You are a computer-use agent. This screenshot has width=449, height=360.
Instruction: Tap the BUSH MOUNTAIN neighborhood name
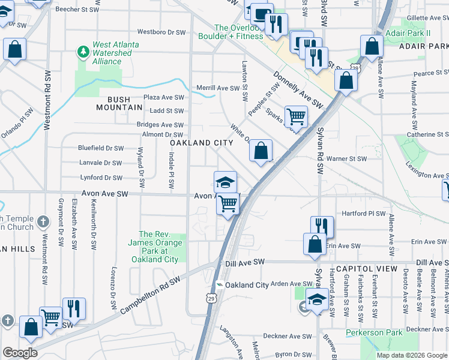[x=120, y=107]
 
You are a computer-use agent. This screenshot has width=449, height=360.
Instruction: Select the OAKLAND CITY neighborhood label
[x=201, y=143]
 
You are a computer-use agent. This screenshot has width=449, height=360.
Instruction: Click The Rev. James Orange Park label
[x=158, y=247]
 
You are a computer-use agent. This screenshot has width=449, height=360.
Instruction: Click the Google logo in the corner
[x=20, y=353]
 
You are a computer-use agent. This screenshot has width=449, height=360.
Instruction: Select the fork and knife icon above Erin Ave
[x=322, y=226]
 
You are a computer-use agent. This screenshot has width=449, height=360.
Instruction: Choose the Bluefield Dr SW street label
[x=101, y=148]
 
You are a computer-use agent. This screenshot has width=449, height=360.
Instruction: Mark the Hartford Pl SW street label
[x=363, y=214]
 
